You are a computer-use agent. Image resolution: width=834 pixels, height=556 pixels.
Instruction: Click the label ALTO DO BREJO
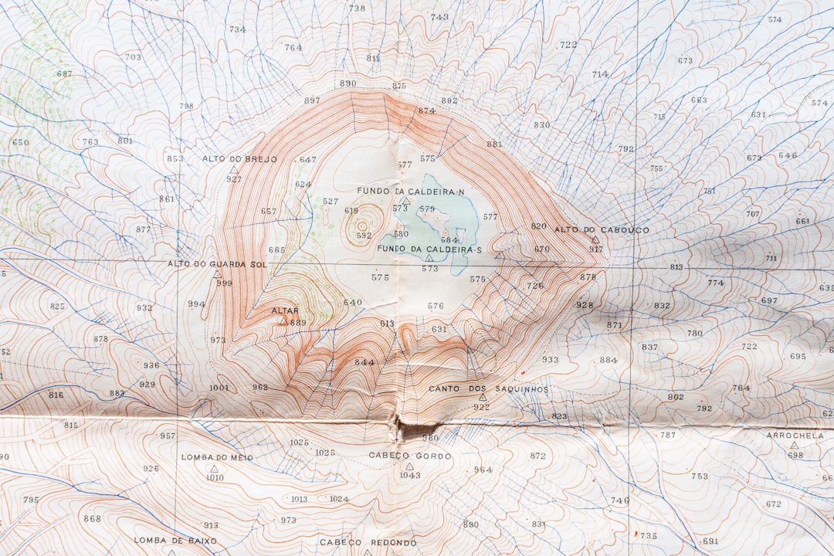pos(239,159)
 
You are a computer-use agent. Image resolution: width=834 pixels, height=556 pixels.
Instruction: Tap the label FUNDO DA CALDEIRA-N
pos(411,191)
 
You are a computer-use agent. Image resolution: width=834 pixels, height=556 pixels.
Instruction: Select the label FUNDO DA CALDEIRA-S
pos(429,249)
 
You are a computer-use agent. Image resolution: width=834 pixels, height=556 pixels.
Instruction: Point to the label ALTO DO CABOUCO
pos(601,230)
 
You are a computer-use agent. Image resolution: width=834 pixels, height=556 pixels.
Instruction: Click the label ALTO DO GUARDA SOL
pos(217,264)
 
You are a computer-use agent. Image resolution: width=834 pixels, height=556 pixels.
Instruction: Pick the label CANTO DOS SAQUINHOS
pos(489,389)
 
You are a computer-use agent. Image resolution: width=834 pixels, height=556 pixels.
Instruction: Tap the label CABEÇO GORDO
pos(409,456)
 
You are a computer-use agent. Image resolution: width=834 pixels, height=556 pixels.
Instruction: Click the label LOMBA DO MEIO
pos(217,457)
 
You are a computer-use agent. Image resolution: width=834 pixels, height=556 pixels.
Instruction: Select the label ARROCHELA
pos(795,436)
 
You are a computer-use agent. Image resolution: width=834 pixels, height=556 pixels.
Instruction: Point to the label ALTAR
pos(284,310)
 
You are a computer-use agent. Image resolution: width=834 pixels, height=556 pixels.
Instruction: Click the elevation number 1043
pos(410,476)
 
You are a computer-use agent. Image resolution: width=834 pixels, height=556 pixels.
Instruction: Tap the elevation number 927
pos(234,179)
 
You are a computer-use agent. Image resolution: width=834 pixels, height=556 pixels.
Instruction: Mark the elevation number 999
pos(224,283)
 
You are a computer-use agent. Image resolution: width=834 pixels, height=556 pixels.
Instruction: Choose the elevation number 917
pos(595,249)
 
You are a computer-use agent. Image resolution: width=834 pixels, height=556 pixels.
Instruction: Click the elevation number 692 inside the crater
pos(364,236)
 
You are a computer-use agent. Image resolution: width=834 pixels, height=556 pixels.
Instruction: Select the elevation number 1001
pos(219,388)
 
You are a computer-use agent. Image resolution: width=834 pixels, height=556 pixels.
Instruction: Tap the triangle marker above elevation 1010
pos(214,468)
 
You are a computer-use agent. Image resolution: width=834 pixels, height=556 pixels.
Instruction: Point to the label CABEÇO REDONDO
pos(368,542)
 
